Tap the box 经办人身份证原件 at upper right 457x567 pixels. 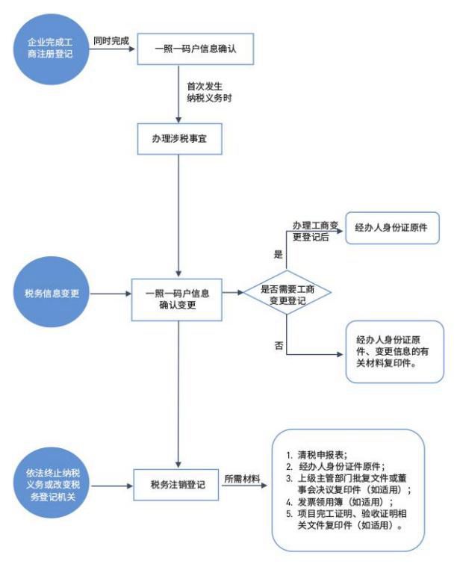[391, 227]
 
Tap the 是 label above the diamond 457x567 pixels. [279, 254]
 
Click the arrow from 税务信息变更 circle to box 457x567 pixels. [111, 294]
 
